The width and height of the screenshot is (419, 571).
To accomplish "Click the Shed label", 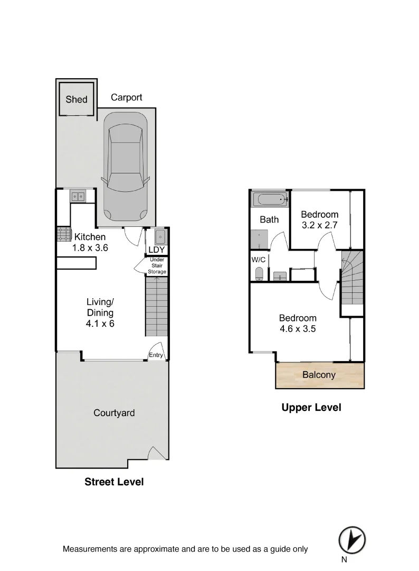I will pos(77,99).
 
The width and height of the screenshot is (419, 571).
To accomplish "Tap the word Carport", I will pos(126,97).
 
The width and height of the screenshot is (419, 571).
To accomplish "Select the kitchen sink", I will pos(79,197).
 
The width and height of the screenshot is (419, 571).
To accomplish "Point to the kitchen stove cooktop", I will pos(64,234).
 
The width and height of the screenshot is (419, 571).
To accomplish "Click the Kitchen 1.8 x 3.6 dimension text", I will pos(90,247).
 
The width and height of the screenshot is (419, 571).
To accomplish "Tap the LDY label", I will pos(156,250).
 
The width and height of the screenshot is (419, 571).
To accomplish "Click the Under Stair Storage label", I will pos(157,265).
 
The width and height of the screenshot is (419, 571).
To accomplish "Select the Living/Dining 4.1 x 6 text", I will pos(100,313).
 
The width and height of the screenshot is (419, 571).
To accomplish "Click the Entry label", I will pos(156,355).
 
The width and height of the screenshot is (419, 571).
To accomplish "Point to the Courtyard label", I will pos(114,413).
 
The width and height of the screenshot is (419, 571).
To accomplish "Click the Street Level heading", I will pos(114,482).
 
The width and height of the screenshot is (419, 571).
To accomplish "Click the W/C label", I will pos(259,260).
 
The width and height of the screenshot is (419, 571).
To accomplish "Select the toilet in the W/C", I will pos(259,274).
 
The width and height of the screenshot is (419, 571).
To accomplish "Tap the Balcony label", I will pos(319,375).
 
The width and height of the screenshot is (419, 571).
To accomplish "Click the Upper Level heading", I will pos(311,407).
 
